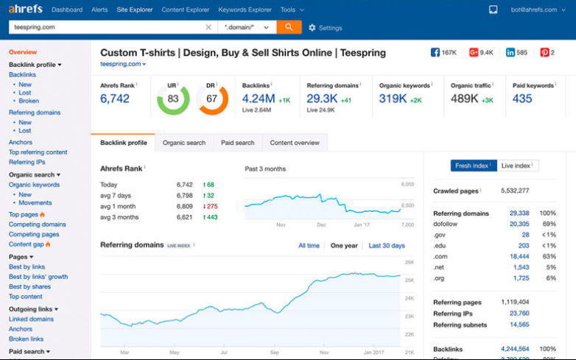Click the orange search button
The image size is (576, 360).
pyautogui.click(x=288, y=27)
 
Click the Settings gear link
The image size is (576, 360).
pyautogui.click(x=325, y=28)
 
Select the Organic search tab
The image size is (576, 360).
pyautogui.click(x=183, y=143)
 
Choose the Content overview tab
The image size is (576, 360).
pyautogui.click(x=295, y=143)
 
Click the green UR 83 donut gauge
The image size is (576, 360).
pyautogui.click(x=173, y=99)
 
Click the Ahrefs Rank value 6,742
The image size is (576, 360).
pyautogui.click(x=115, y=99)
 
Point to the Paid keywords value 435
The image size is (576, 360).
pyautogui.click(x=522, y=99)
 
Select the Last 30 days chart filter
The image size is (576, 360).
pyautogui.click(x=387, y=246)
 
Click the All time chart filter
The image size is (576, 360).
pyautogui.click(x=309, y=246)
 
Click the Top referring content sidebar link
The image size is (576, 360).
pyautogui.click(x=38, y=152)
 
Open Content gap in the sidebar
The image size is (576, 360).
pyautogui.click(x=26, y=244)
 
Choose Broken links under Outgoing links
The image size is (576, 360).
pyautogui.click(x=26, y=339)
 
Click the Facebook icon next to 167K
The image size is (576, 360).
pyautogui.click(x=435, y=53)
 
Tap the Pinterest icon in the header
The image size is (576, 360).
pyautogui.click(x=544, y=53)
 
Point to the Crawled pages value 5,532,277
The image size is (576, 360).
pyautogui.click(x=514, y=191)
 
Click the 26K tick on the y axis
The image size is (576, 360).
pyautogui.click(x=410, y=262)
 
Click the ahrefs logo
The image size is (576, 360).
pyautogui.click(x=26, y=10)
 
